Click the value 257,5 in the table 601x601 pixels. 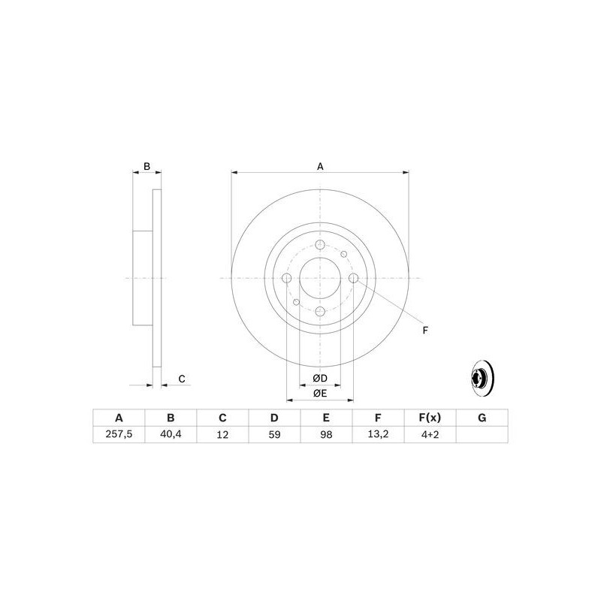119,434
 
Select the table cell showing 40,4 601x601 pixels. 171,434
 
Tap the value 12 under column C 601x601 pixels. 222,434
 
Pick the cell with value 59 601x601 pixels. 274,434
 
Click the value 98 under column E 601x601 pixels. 326,434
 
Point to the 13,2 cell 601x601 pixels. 378,434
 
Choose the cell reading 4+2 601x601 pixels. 430,434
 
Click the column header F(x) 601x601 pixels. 430,418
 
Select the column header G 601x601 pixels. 482,418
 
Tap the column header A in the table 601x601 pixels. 119,418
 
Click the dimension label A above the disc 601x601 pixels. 320,166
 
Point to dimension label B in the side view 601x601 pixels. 147,166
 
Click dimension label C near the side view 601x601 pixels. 181,378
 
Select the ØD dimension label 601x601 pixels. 319,377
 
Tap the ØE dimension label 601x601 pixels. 319,393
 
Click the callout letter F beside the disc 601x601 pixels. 424,330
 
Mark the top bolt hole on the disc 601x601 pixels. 320,246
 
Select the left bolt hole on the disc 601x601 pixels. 286,279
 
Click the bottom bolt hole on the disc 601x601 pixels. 320,311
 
